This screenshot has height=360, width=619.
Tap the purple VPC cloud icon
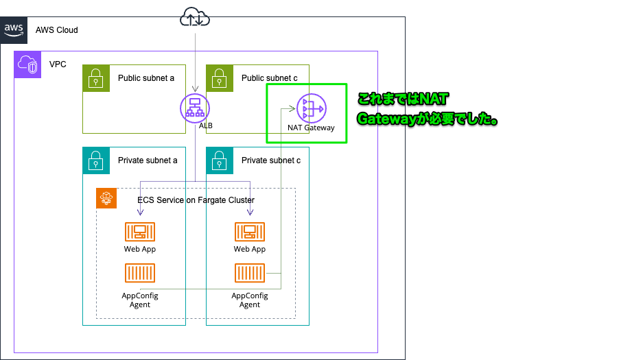(x=28, y=65)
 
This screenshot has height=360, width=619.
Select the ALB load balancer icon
(x=195, y=108)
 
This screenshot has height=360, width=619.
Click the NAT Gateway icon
(x=311, y=108)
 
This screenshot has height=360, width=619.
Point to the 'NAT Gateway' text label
(x=311, y=128)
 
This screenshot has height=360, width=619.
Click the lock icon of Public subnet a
(x=96, y=78)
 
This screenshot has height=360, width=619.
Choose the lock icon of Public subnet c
(x=220, y=78)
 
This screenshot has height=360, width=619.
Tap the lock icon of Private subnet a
(x=96, y=160)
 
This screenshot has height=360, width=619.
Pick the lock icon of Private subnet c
(x=220, y=160)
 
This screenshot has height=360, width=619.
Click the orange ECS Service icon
(x=106, y=199)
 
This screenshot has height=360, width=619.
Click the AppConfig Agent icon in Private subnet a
(x=140, y=274)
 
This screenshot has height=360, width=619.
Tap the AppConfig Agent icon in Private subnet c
(x=250, y=274)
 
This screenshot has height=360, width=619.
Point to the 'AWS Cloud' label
(x=56, y=30)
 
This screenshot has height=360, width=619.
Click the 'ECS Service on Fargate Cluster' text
(x=196, y=200)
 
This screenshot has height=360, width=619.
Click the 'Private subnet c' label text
(x=270, y=160)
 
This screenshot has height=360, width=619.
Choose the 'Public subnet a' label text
(x=146, y=78)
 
